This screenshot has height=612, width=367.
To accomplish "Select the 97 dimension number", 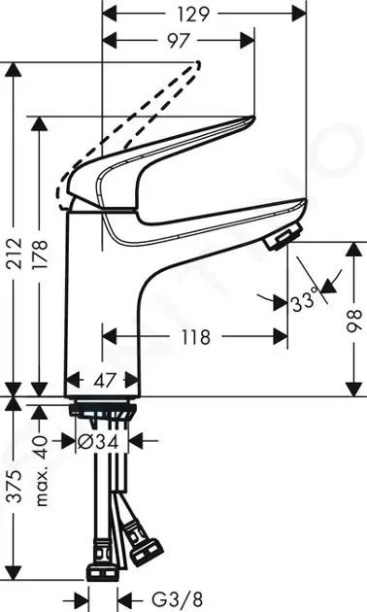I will (x=177, y=42).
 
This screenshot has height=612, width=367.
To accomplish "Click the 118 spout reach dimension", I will (x=195, y=338).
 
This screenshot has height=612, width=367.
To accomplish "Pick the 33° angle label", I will (x=304, y=301).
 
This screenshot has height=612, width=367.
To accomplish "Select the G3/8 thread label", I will (x=161, y=598).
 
